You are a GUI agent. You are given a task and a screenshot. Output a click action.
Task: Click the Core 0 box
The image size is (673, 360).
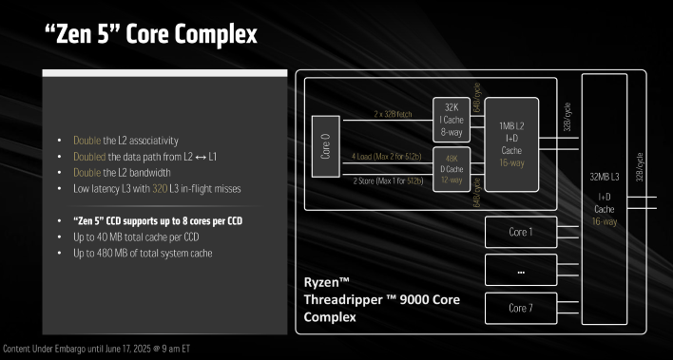[326, 146]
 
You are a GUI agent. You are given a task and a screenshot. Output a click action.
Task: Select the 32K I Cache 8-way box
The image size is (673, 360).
[451, 119]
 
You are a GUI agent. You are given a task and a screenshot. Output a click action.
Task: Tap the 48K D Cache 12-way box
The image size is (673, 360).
[451, 168]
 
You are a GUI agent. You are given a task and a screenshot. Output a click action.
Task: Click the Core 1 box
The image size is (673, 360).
[520, 231]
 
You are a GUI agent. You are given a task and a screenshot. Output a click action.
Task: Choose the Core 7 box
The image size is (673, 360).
[520, 308]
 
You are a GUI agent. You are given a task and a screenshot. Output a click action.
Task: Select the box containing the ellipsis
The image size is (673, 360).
[520, 270]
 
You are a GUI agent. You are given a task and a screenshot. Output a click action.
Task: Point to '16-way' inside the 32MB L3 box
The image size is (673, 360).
[604, 221]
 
